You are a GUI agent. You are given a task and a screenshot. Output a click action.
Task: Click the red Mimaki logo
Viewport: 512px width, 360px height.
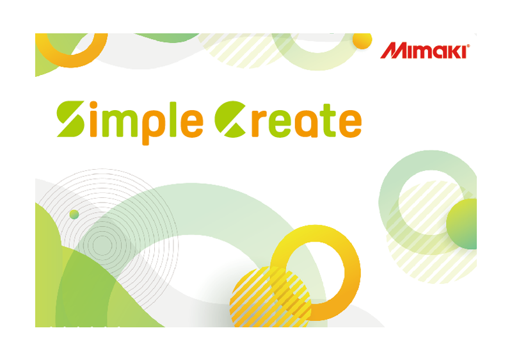click(425, 51)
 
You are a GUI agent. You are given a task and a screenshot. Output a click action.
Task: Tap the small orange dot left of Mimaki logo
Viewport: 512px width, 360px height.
click(362, 40)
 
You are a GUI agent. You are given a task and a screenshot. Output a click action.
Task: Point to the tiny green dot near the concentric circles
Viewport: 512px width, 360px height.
click(74, 215)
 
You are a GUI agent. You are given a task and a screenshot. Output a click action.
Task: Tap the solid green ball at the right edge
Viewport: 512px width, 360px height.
click(463, 224)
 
